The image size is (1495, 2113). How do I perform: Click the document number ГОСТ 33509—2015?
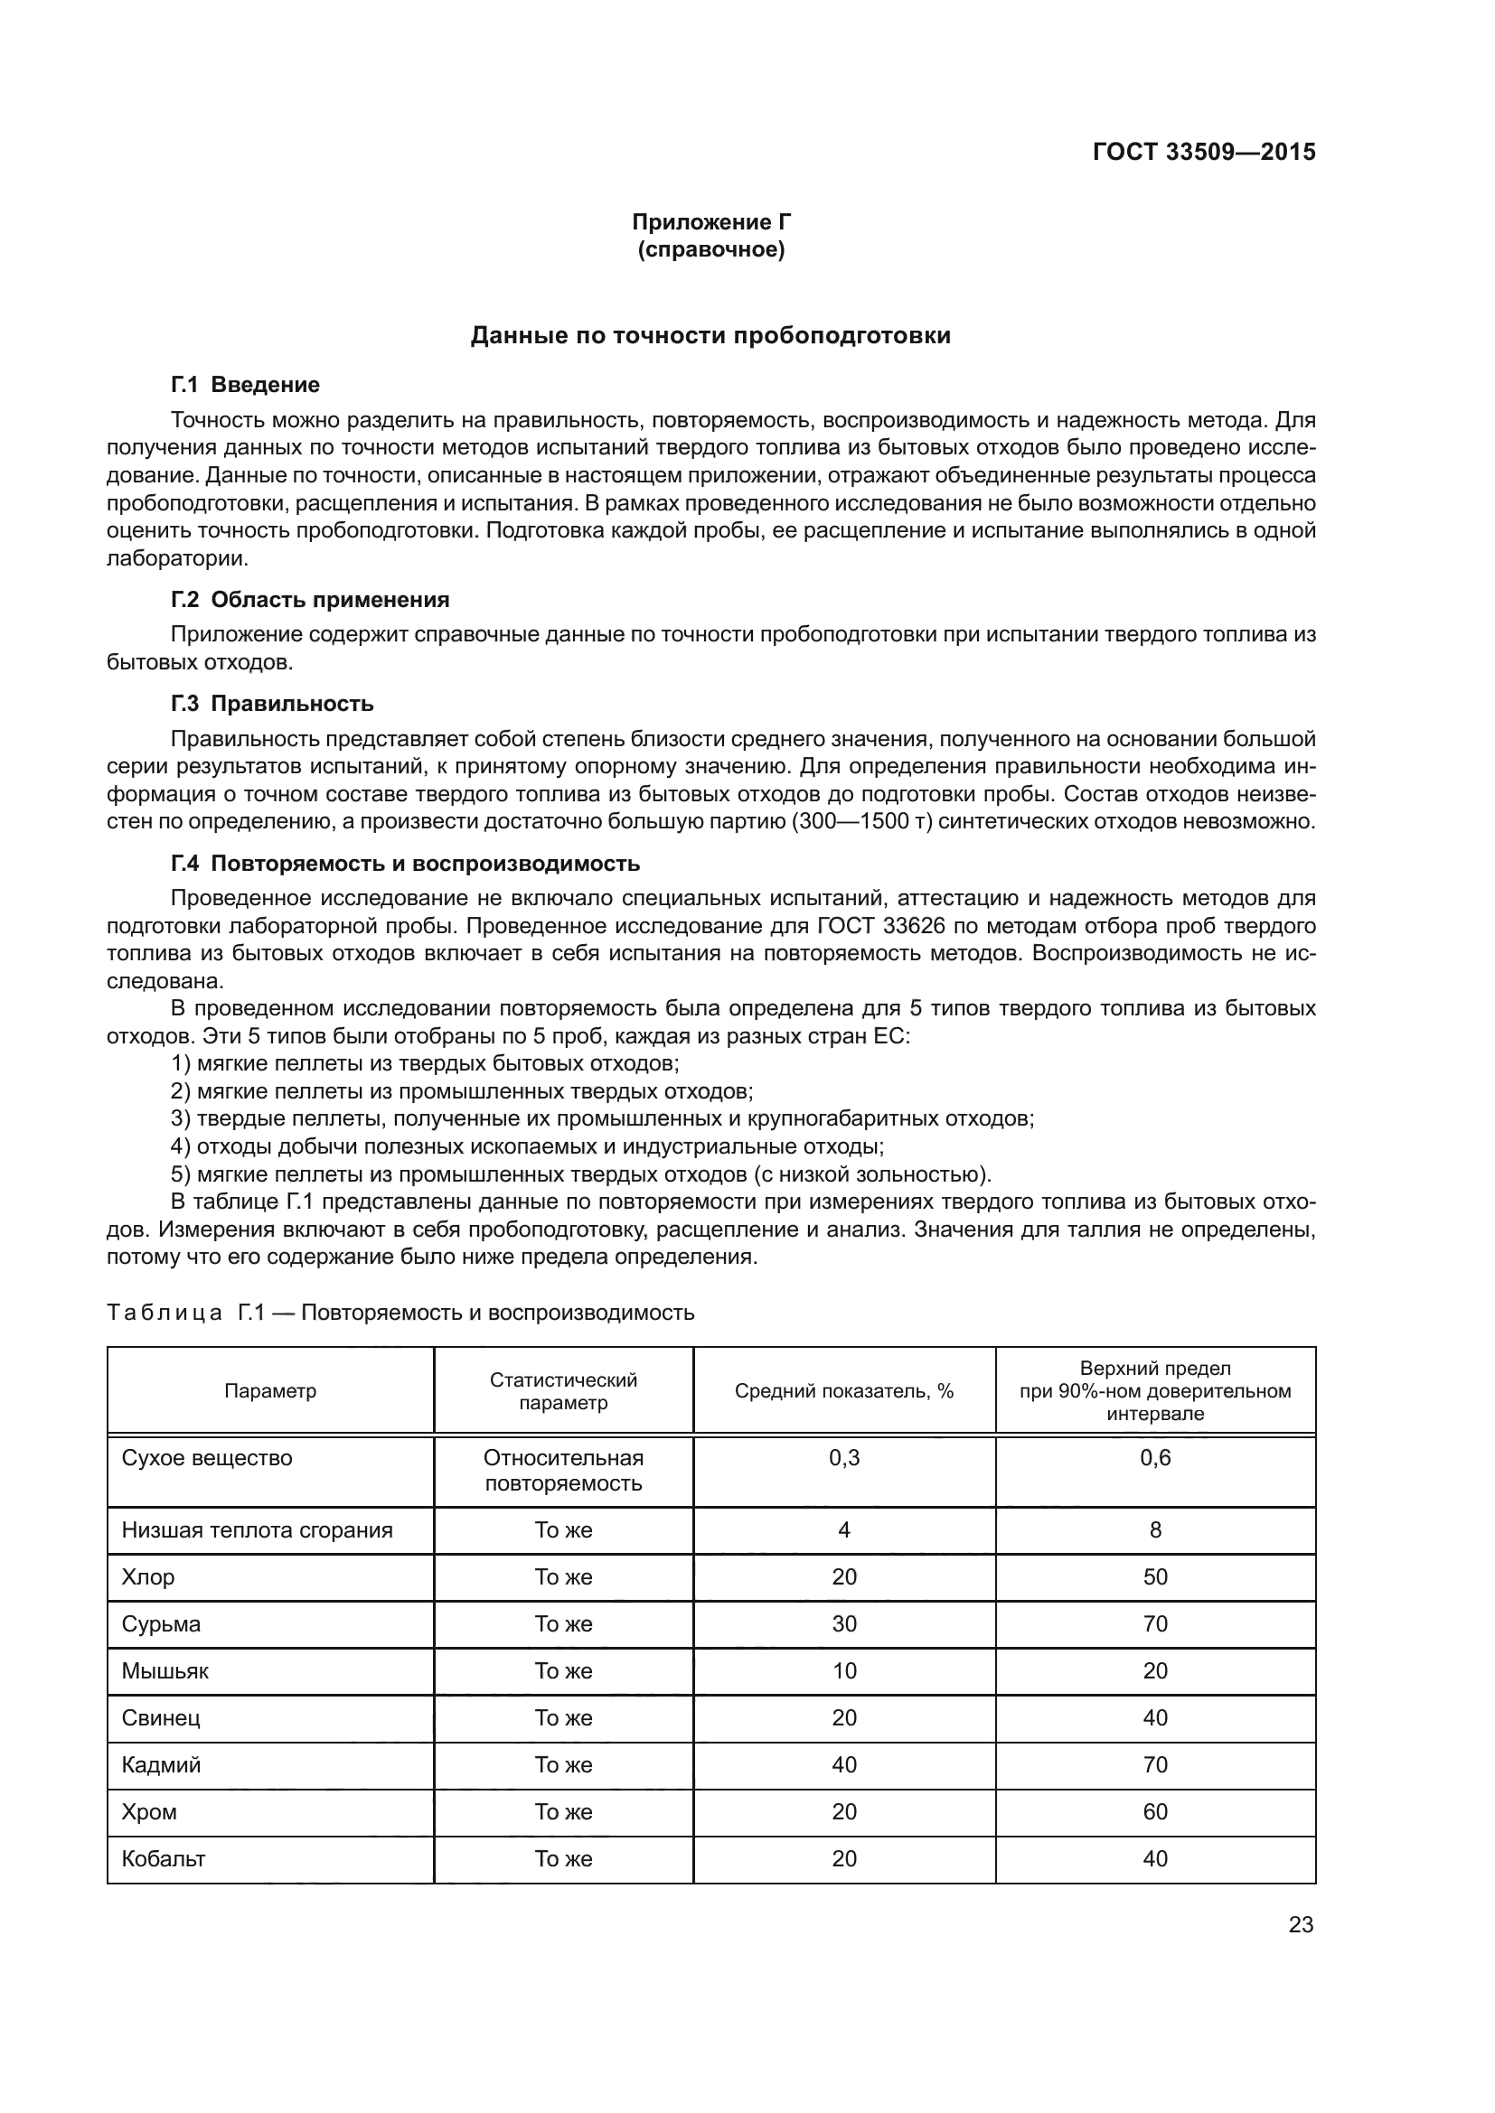click(1203, 152)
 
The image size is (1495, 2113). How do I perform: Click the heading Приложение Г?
click(710, 222)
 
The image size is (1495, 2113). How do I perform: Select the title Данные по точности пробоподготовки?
click(710, 336)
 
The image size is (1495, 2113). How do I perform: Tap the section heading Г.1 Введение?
click(245, 385)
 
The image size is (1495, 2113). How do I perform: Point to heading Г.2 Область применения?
click(310, 600)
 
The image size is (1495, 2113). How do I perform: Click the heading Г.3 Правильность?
click(272, 704)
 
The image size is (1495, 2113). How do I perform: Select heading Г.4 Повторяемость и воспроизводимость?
click(405, 864)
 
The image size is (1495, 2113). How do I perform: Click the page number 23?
click(1301, 1924)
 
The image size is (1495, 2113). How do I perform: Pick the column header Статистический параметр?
click(563, 1390)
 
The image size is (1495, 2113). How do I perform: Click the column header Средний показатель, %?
click(844, 1390)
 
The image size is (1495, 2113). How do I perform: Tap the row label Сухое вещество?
click(207, 1458)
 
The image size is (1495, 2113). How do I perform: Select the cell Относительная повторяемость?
click(563, 1471)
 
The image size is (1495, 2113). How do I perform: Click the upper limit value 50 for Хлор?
click(1155, 1576)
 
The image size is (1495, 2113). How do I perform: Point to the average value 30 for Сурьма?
click(844, 1623)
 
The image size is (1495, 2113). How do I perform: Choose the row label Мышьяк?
click(165, 1670)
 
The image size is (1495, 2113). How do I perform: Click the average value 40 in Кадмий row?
click(844, 1764)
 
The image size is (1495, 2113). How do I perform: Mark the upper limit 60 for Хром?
click(1155, 1811)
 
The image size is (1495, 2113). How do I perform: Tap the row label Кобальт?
click(164, 1858)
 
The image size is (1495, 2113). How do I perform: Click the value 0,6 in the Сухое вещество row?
click(1155, 1458)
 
